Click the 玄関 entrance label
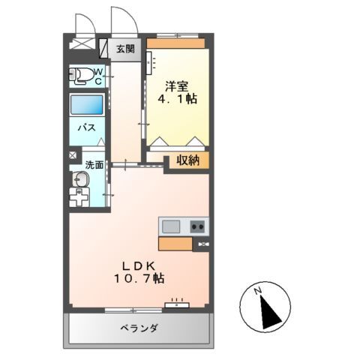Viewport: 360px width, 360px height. click(x=126, y=49)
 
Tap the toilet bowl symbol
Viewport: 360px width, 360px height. click(x=80, y=76)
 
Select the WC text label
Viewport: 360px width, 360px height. click(x=98, y=76)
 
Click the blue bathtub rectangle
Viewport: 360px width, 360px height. click(x=87, y=105)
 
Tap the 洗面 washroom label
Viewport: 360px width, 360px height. click(x=93, y=164)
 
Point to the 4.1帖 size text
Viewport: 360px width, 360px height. click(x=178, y=98)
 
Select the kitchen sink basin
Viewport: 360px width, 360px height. click(x=170, y=226)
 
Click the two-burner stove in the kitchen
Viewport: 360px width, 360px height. click(x=198, y=226)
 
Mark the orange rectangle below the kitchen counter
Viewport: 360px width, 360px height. click(x=175, y=243)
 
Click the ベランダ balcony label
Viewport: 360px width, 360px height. click(x=139, y=328)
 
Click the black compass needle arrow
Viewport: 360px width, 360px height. click(x=266, y=310)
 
